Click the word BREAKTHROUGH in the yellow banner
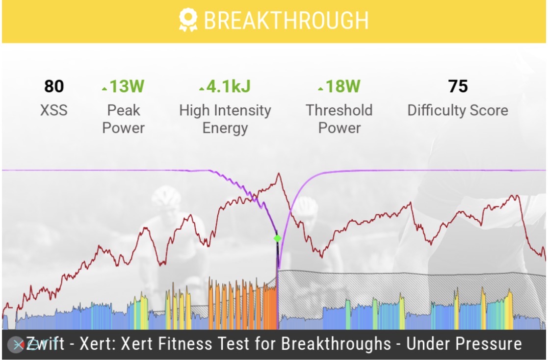[286, 21]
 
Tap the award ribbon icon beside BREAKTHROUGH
[188, 21]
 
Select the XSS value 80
[54, 86]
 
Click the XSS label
[54, 110]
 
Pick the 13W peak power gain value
[127, 86]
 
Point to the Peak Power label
[124, 119]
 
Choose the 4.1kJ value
[228, 86]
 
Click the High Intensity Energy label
[225, 119]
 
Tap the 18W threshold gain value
[343, 86]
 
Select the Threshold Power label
[339, 119]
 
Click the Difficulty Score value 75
[458, 86]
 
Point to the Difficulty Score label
[458, 110]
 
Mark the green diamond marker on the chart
[277, 238]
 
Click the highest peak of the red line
[279, 174]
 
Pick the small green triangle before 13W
[104, 89]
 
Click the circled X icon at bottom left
[17, 345]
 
